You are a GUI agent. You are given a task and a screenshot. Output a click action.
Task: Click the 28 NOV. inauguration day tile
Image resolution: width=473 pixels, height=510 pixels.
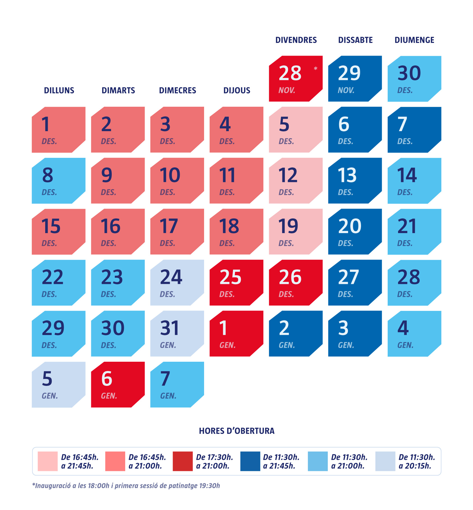coord(295,79)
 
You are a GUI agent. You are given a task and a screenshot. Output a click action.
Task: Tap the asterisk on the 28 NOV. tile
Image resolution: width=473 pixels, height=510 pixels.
coord(316,69)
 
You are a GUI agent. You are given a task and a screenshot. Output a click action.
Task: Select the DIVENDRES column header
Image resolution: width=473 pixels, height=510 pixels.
coord(296,40)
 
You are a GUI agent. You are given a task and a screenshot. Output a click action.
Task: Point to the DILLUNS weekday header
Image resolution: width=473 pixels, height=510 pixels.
coord(59,90)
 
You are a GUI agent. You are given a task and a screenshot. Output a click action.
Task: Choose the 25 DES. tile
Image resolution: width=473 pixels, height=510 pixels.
coord(236,283)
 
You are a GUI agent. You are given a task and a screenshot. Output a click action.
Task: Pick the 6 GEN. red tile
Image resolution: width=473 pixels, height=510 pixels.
coord(118,384)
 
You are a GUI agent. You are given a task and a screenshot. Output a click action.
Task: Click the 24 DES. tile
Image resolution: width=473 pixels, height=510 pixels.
coord(177,283)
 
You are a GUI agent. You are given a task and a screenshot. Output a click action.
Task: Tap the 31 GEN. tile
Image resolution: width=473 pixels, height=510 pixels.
coord(177,334)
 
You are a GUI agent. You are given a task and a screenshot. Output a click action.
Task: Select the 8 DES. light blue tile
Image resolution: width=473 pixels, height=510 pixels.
coord(58,181)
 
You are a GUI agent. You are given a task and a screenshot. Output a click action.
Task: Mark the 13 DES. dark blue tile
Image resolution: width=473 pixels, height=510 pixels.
coord(355,181)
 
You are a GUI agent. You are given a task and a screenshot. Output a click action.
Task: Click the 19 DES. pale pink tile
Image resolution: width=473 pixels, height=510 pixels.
coord(295,232)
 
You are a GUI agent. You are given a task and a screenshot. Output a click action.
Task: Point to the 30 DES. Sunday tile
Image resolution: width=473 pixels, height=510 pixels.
coord(414,79)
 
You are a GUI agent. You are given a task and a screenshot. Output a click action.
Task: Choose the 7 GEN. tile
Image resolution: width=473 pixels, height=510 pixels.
coord(177,384)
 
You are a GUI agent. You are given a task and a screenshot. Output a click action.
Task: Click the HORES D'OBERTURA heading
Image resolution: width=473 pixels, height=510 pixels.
coord(237,431)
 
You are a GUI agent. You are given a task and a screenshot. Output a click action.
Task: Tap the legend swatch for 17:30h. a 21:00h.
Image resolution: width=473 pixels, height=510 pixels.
coord(183,461)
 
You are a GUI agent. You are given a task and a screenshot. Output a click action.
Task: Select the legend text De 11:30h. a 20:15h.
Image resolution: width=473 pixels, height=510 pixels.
coord(417,461)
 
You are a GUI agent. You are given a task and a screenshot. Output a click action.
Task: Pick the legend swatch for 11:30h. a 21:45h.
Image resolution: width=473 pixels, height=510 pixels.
coord(250,461)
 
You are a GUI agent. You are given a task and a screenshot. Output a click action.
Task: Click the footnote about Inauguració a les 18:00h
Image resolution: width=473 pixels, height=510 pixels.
coord(126,486)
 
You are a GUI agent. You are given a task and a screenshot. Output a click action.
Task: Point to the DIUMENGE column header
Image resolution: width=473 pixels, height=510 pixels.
coord(414,40)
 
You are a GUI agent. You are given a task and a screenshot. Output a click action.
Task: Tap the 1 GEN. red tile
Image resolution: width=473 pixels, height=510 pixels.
coord(236,334)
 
